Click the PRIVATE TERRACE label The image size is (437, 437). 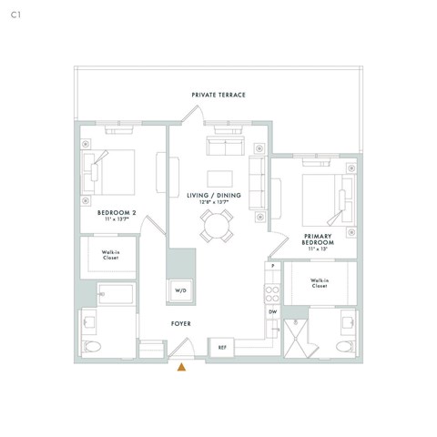pos(218,95)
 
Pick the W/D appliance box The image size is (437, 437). pos(180,290)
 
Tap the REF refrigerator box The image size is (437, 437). pos(222,347)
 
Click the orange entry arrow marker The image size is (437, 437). pos(181,367)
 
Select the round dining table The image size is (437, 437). pos(218,225)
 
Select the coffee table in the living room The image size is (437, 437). pos(218,177)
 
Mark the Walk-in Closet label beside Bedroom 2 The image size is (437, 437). pos(109,255)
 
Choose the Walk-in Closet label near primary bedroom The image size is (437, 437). pos(319,283)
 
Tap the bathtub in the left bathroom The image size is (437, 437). pos(116,296)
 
